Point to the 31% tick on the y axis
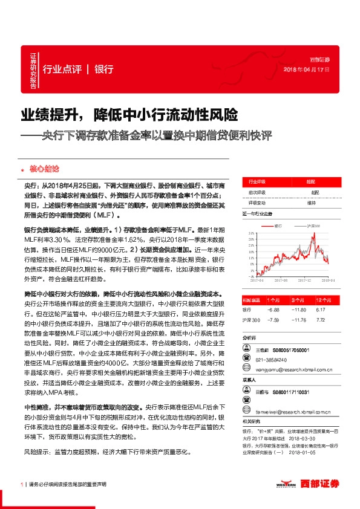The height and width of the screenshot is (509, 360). (x=250, y=232)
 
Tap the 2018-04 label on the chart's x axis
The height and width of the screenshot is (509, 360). (x=329, y=280)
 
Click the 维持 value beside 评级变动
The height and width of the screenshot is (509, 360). (x=312, y=203)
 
